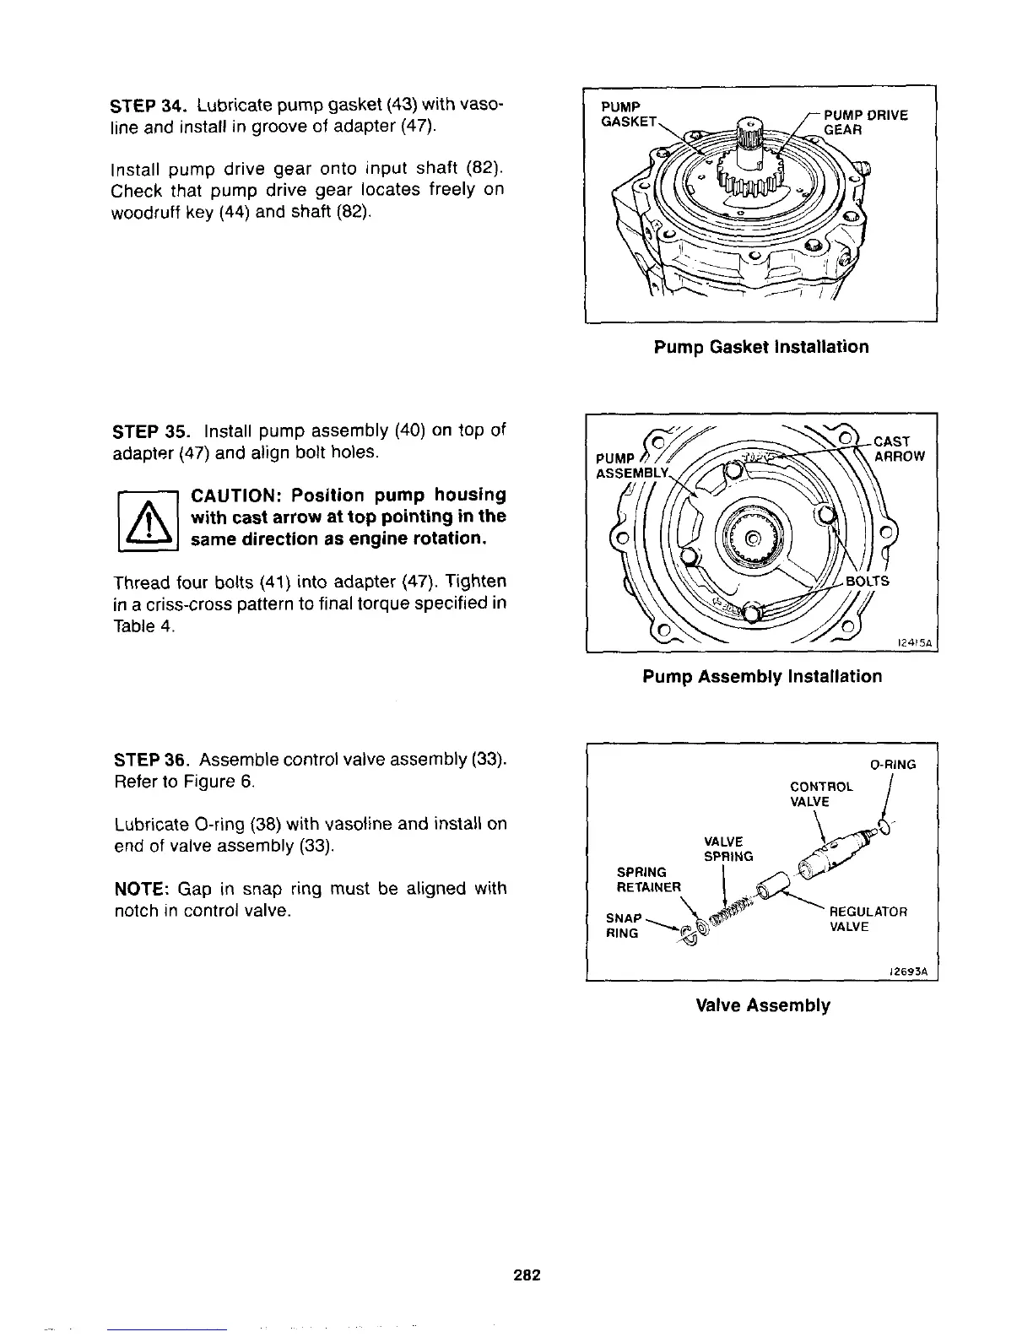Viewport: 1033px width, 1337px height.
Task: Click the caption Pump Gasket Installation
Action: tap(760, 347)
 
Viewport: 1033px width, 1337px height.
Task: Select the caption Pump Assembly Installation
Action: tap(762, 676)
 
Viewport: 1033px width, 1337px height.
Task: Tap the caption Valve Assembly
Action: tap(762, 1005)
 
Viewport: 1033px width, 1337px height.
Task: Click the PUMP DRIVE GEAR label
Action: tap(864, 122)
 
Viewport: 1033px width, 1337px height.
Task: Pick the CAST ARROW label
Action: tap(898, 449)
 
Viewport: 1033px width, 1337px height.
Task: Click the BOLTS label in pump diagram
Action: tap(867, 582)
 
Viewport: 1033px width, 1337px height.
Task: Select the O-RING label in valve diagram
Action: tap(892, 765)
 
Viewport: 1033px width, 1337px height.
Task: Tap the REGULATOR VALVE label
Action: tap(868, 919)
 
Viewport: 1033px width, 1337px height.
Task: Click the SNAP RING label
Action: tap(625, 925)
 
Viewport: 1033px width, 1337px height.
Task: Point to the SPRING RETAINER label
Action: tap(648, 879)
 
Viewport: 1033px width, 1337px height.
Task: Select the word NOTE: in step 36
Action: tap(141, 889)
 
